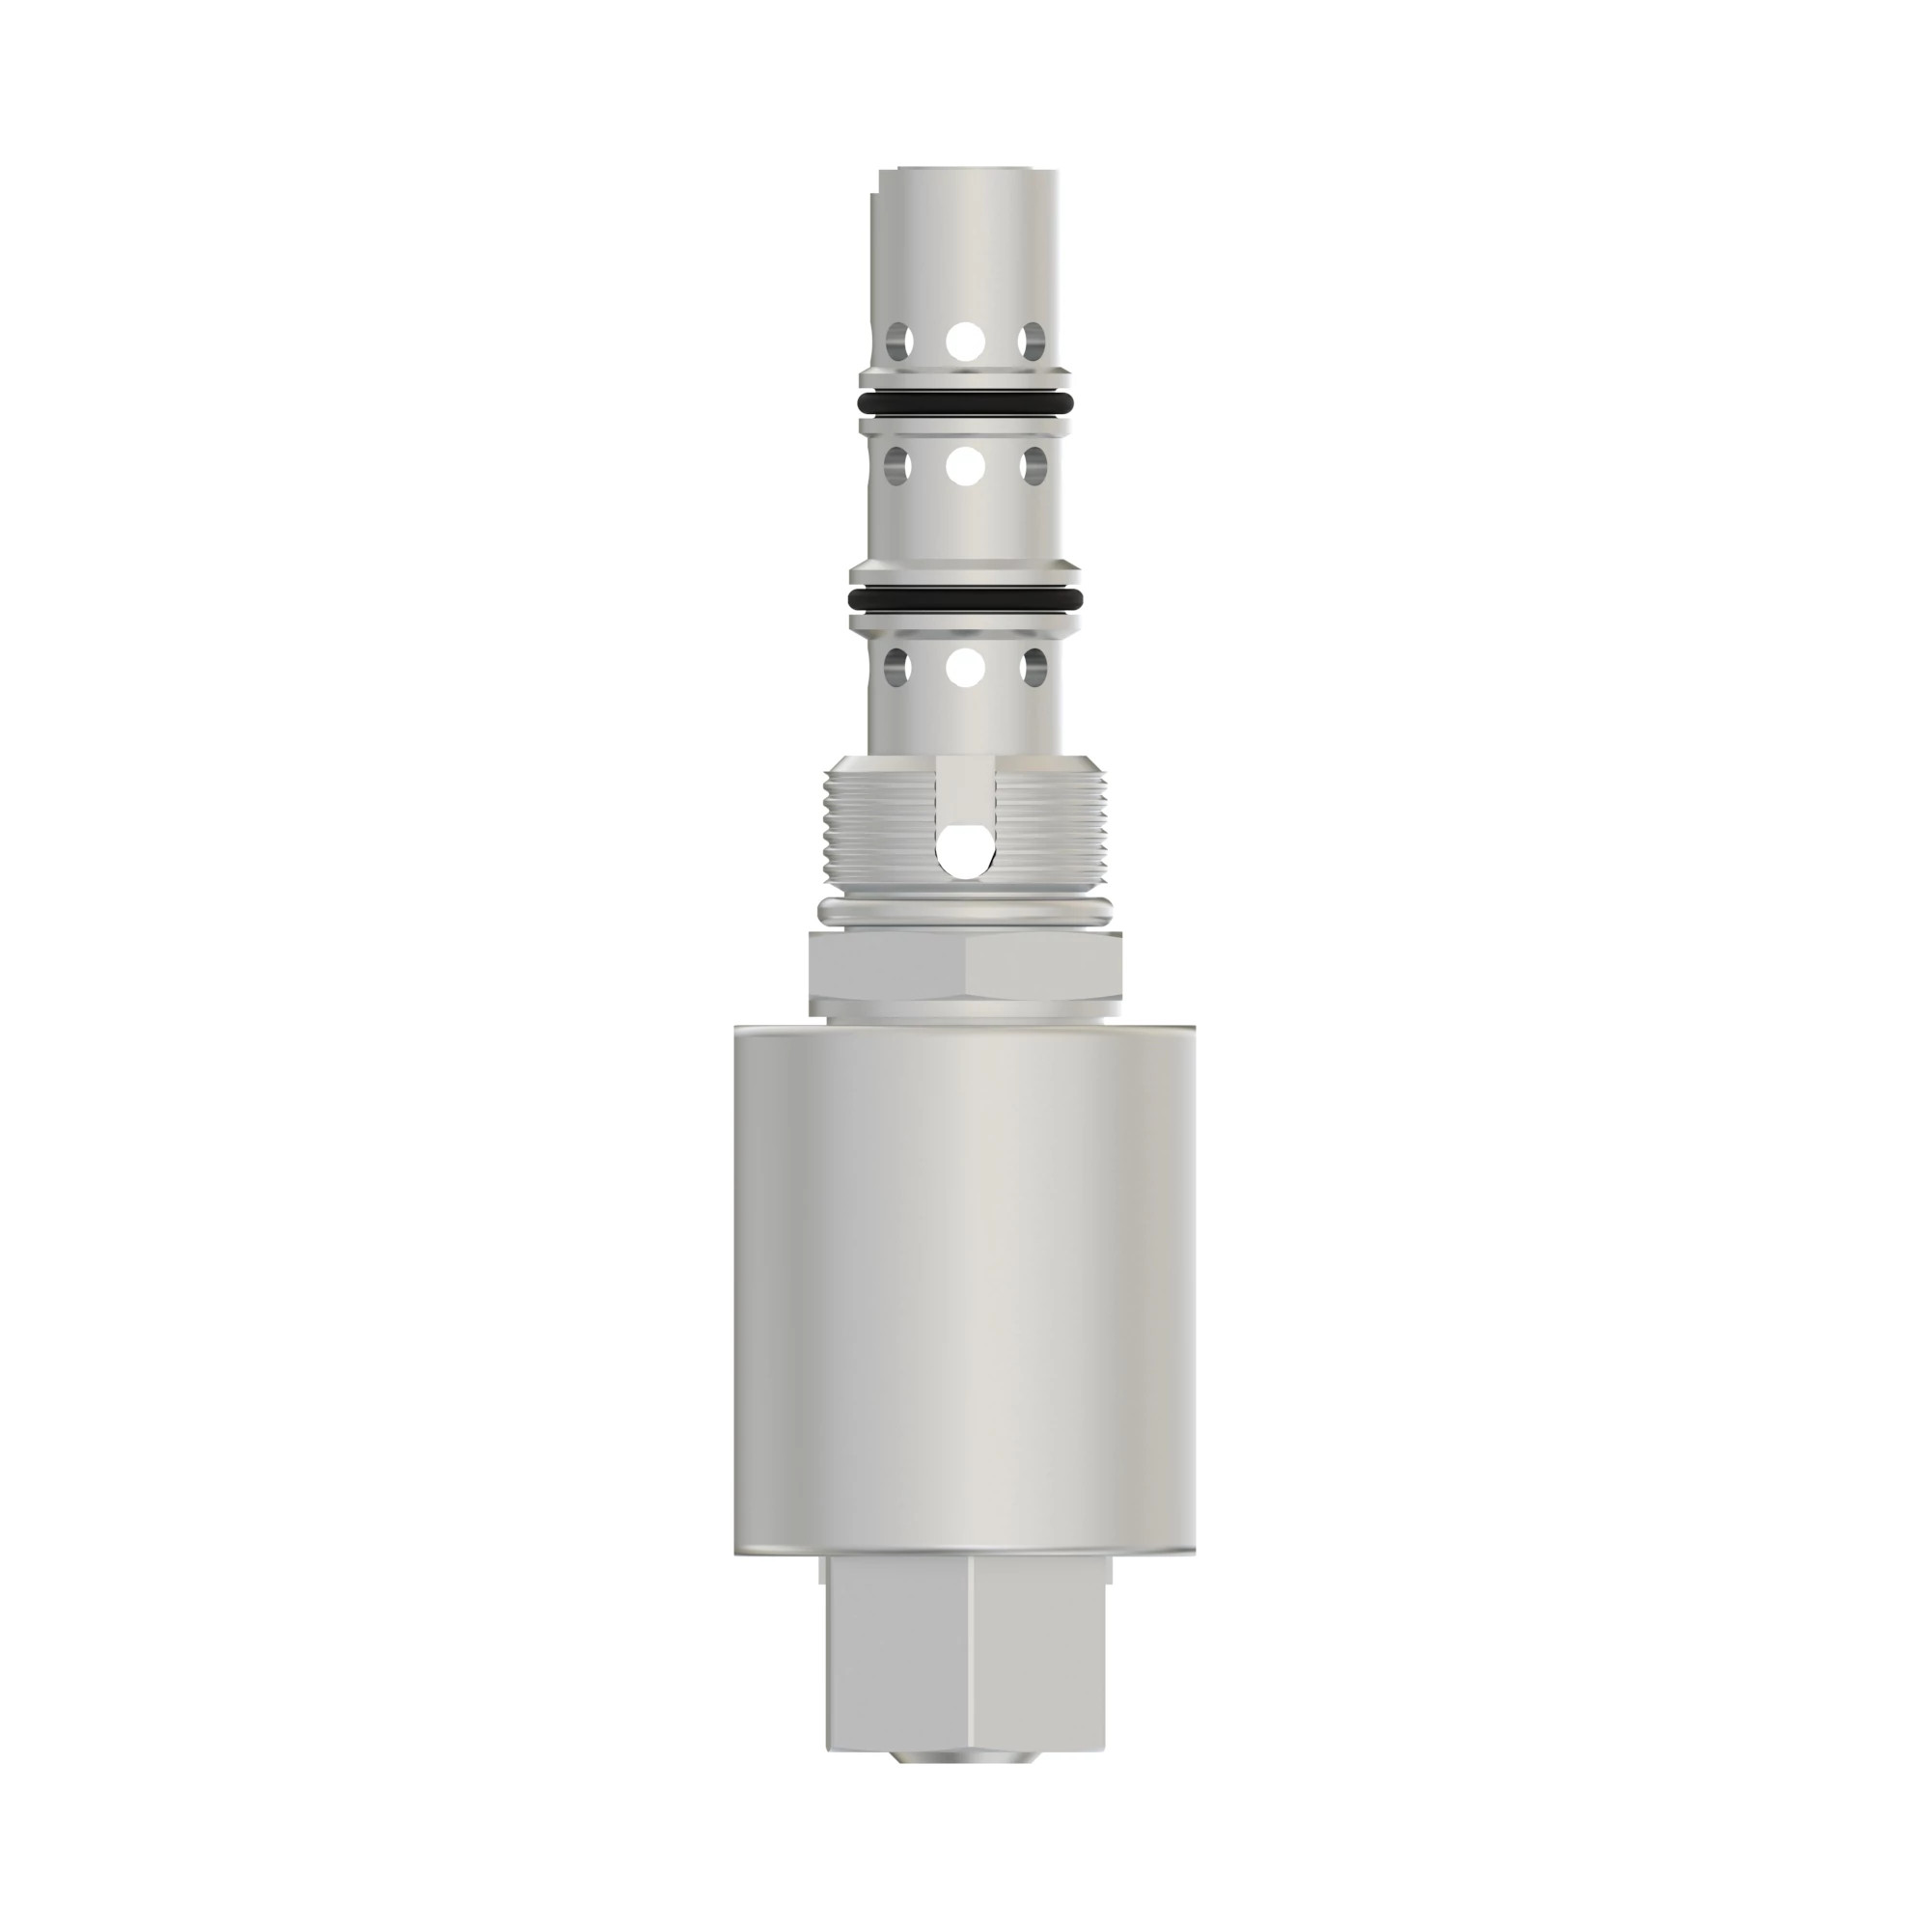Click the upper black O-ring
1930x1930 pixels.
coord(965,403)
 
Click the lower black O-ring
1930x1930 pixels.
coord(965,599)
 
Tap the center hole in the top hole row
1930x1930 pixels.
coord(965,341)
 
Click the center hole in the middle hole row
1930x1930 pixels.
coord(965,465)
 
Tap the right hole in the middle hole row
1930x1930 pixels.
coord(1032,465)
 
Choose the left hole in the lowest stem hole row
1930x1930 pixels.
coord(898,666)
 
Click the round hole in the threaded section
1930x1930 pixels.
coord(965,852)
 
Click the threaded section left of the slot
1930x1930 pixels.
coord(879,829)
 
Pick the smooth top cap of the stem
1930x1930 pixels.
coord(965,239)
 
